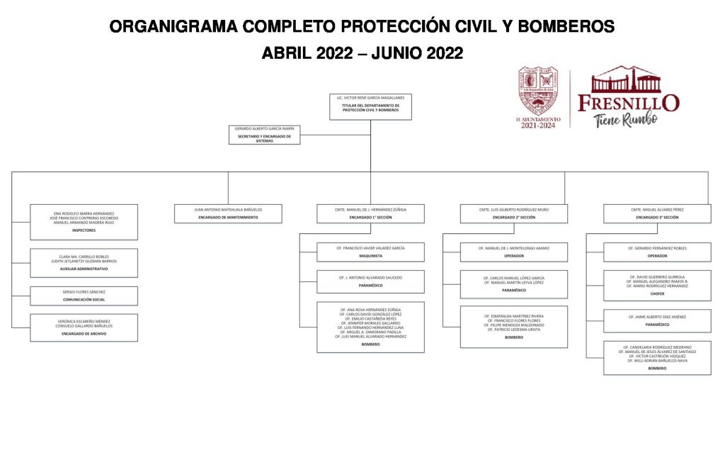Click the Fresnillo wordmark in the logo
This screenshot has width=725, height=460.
(629, 102)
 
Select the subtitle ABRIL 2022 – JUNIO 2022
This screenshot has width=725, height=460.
(362, 53)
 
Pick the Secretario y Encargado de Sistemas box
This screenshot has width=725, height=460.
(264, 135)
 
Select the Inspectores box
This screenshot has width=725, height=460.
(84, 222)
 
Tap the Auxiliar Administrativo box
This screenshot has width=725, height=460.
(84, 262)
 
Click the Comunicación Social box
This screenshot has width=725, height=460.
(84, 296)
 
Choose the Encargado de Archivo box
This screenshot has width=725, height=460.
(84, 327)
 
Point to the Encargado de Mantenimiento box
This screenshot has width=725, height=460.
(228, 213)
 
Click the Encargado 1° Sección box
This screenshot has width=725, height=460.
(370, 213)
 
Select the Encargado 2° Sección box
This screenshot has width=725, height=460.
(513, 213)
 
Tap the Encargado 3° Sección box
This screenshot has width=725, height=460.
(657, 213)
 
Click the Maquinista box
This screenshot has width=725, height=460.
(370, 252)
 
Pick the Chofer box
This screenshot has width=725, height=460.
(657, 284)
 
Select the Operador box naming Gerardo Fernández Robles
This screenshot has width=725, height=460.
(657, 252)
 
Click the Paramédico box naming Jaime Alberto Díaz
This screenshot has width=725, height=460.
(657, 320)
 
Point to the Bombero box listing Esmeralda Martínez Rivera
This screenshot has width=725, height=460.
(513, 327)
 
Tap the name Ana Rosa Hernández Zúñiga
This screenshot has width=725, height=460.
(370, 310)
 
